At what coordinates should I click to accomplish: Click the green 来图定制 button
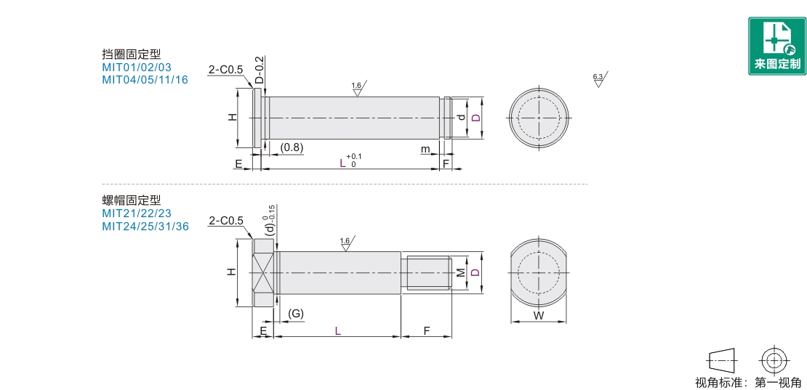tap(777, 46)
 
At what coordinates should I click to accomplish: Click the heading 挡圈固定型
tap(132, 54)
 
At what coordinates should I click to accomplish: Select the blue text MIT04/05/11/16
tap(145, 80)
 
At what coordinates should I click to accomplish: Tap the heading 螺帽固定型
tap(132, 200)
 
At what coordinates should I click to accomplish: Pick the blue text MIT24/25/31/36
tap(145, 226)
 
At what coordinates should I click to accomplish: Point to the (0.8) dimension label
tap(292, 147)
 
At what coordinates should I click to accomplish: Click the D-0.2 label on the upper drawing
tap(260, 70)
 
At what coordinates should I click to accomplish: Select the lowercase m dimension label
tap(425, 149)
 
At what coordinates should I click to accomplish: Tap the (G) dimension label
tap(295, 314)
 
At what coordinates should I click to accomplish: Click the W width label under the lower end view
tap(538, 316)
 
